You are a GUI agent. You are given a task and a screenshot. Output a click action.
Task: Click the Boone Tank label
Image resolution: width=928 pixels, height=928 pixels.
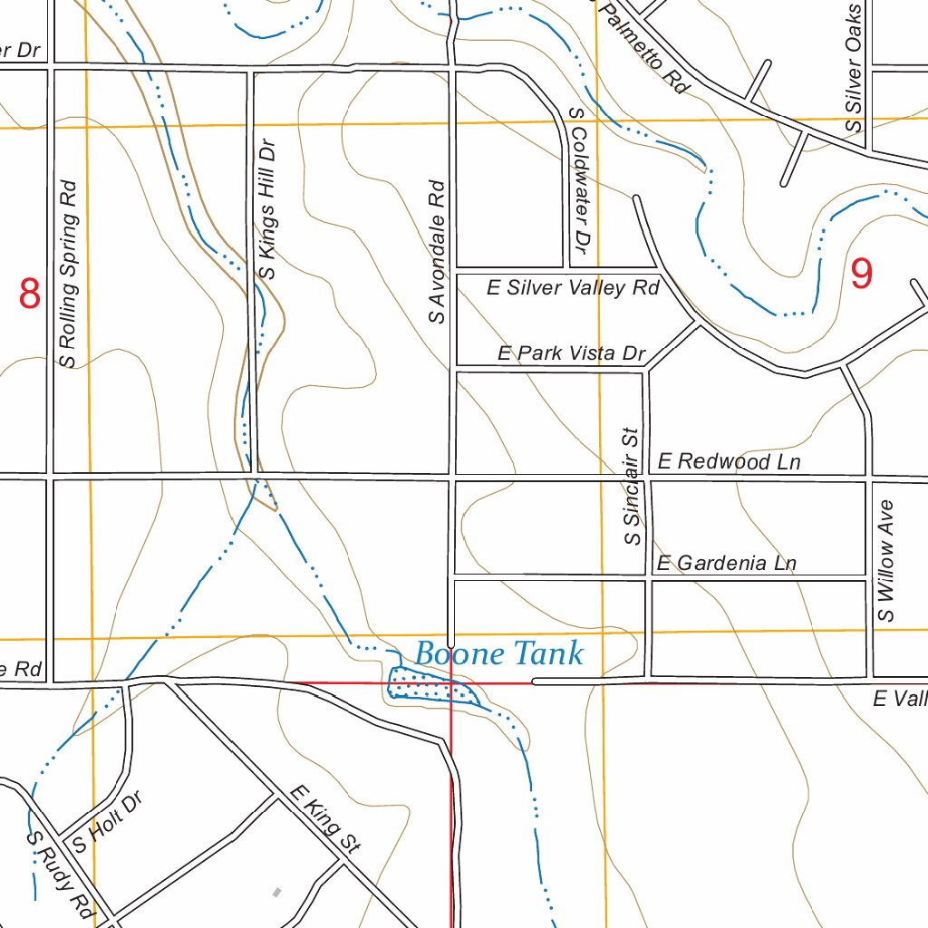pyautogui.click(x=499, y=653)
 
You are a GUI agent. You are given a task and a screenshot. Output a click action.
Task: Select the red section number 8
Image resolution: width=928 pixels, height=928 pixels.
pyautogui.click(x=30, y=295)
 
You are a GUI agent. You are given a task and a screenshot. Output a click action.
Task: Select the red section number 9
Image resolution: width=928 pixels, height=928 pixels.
pyautogui.click(x=862, y=274)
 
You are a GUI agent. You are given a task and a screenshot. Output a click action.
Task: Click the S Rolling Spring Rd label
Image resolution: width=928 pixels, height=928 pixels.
pyautogui.click(x=68, y=274)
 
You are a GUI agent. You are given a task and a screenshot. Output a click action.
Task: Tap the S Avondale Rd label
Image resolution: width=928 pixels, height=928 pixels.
pyautogui.click(x=438, y=252)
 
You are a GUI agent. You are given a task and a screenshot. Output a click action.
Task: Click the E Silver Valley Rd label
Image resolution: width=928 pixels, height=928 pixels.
pyautogui.click(x=573, y=288)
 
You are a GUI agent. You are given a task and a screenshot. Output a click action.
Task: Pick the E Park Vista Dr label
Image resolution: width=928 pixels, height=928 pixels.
pyautogui.click(x=571, y=353)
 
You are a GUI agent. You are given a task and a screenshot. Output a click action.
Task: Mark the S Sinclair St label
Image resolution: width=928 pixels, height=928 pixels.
pyautogui.click(x=632, y=487)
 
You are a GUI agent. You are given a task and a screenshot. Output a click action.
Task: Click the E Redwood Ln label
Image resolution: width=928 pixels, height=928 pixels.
pyautogui.click(x=729, y=462)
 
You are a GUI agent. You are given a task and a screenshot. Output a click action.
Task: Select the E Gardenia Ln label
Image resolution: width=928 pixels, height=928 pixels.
pyautogui.click(x=726, y=564)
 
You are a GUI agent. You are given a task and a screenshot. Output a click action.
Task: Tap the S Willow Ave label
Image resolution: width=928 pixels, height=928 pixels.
pyautogui.click(x=885, y=561)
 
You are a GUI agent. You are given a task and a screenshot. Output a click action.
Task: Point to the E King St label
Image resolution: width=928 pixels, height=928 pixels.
pyautogui.click(x=324, y=819)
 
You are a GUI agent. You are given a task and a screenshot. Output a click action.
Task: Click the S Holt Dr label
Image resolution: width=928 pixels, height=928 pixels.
pyautogui.click(x=108, y=825)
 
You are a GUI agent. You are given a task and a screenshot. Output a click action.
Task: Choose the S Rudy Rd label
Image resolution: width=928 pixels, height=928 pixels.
pyautogui.click(x=61, y=873)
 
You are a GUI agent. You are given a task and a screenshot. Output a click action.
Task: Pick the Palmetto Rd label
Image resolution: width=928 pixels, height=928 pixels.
pyautogui.click(x=644, y=47)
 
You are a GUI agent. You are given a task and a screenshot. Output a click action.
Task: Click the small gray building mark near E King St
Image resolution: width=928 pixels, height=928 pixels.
pyautogui.click(x=277, y=893)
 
